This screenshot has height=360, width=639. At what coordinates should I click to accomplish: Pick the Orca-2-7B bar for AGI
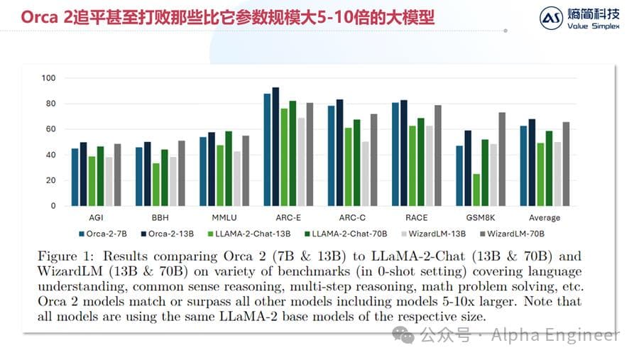coord(75,177)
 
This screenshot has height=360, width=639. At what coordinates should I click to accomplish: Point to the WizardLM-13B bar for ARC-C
coord(365,173)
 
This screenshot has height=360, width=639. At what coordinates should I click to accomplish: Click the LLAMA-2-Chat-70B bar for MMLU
coord(228,168)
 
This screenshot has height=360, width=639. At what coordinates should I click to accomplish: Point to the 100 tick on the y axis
coord(48,78)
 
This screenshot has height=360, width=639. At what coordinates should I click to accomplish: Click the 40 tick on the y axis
coord(50,155)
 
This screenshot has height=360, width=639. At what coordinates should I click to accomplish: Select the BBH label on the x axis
coord(160,217)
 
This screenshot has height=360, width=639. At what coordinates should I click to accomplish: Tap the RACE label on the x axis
coord(417,217)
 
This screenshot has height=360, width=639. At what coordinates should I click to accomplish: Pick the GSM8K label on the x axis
coord(481,217)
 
